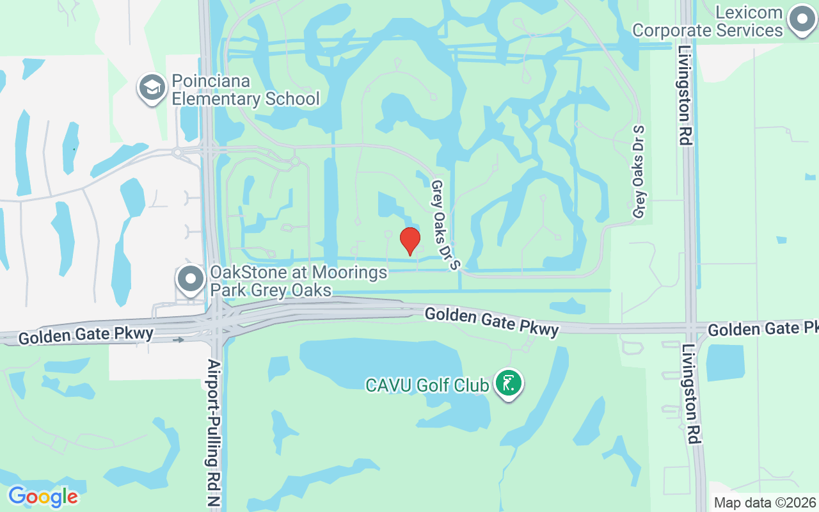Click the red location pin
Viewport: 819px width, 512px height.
click(x=409, y=241)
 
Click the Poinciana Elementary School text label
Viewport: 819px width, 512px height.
click(x=246, y=90)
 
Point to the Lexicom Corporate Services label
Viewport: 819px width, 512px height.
click(x=708, y=21)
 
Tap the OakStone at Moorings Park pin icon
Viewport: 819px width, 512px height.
click(x=190, y=280)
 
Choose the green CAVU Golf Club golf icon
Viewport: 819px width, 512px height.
click(x=509, y=383)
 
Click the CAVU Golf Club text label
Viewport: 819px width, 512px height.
click(x=427, y=385)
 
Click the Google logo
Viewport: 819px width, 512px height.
click(x=43, y=497)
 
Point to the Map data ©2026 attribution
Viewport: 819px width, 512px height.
click(x=765, y=502)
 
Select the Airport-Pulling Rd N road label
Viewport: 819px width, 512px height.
click(x=214, y=433)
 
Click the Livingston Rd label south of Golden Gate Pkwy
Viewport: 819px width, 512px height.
click(x=690, y=394)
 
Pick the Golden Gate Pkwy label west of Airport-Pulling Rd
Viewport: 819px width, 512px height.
click(x=86, y=335)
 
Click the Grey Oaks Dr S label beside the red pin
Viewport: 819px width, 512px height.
click(x=445, y=225)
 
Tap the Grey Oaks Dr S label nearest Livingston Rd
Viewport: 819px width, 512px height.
click(x=639, y=172)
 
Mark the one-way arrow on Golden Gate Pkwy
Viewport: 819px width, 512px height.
click(x=179, y=340)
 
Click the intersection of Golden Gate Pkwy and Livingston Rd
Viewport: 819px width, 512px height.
click(x=691, y=326)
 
